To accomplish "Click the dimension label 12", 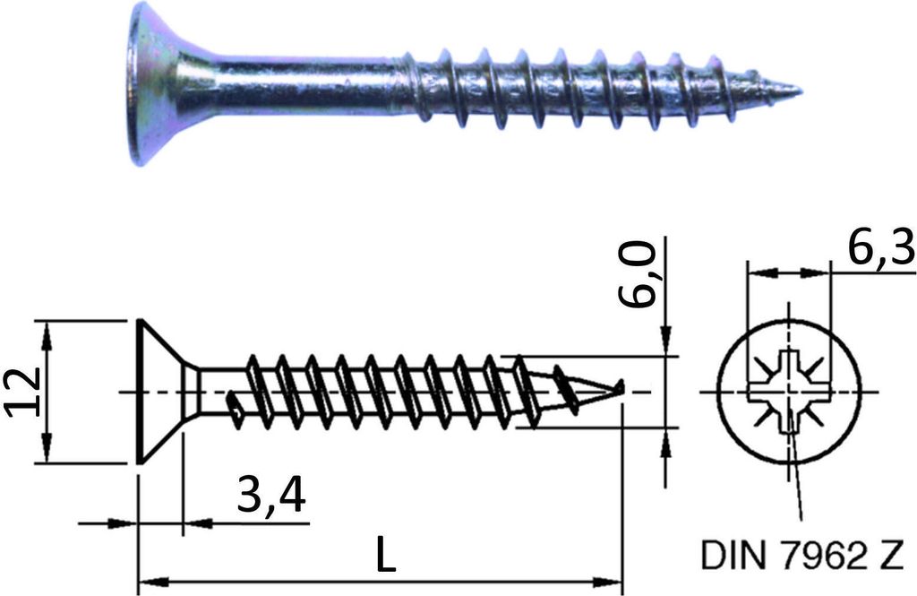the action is point(24,393).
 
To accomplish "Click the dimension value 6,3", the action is point(880,249).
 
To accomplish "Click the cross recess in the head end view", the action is point(790,391).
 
